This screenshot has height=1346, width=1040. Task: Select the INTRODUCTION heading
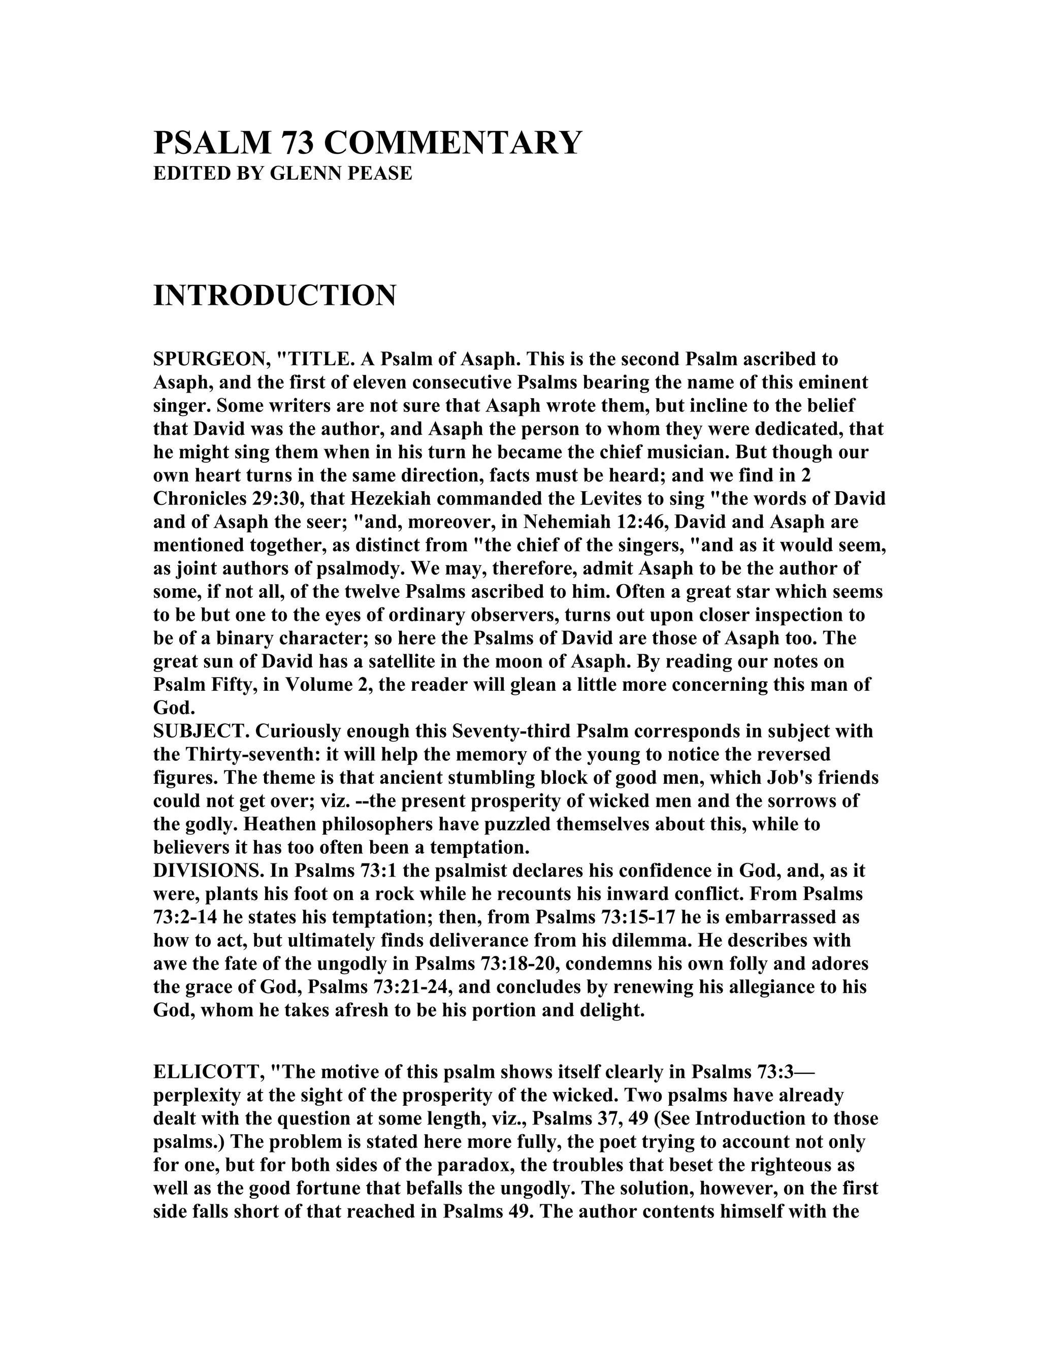coord(275,295)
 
